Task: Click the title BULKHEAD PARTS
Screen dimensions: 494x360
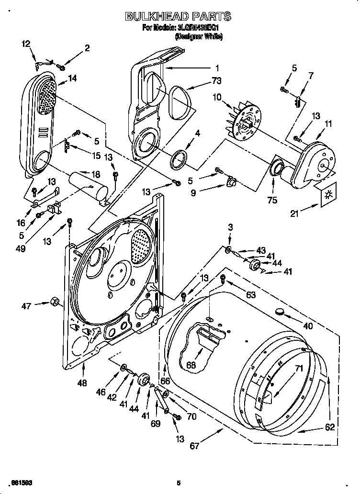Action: (178, 17)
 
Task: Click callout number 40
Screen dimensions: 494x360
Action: (307, 326)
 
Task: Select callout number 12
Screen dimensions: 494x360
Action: (26, 44)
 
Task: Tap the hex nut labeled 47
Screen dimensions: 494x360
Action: (54, 302)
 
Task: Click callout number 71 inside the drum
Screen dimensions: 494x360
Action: (299, 368)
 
